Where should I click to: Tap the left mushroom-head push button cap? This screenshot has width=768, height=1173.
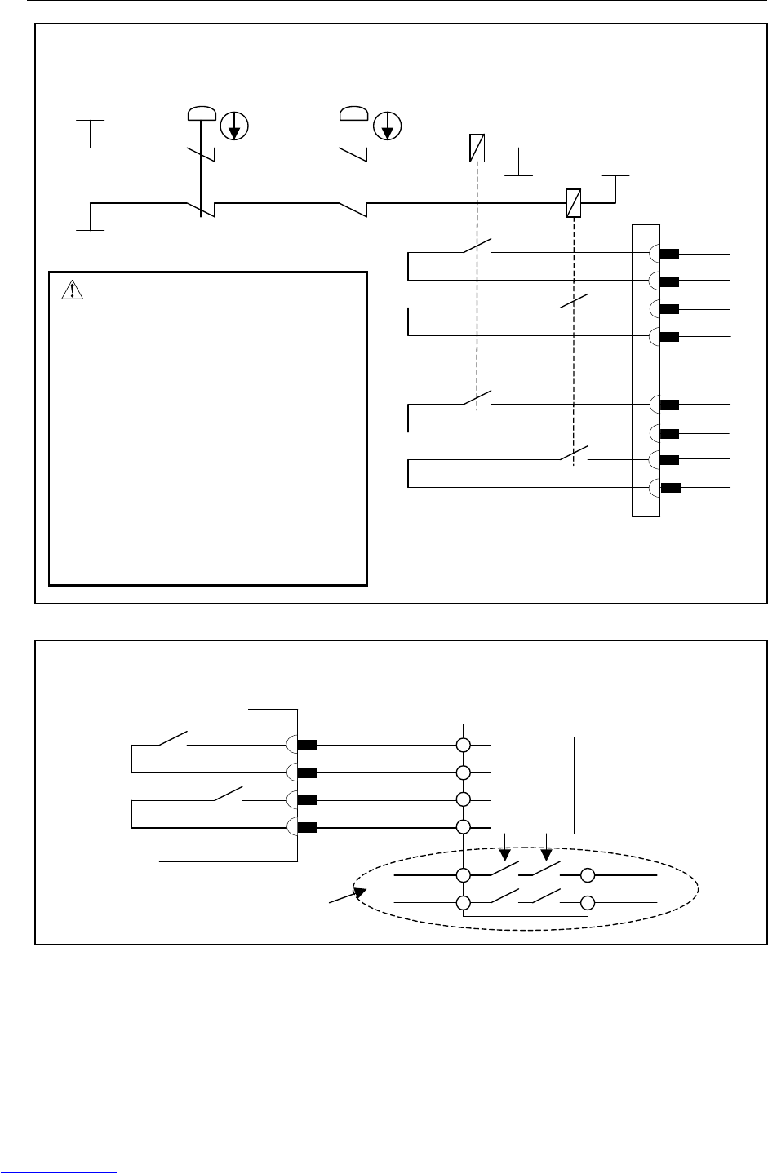tap(199, 112)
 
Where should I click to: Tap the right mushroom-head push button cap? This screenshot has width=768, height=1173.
tap(353, 112)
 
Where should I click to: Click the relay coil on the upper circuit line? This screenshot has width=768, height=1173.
tap(477, 148)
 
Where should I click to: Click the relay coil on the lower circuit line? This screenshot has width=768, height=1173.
tap(574, 201)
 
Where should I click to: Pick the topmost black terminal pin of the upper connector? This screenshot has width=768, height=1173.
tap(670, 254)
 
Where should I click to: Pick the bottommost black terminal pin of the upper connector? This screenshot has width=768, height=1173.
tap(670, 489)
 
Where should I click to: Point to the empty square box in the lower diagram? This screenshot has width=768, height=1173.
tap(533, 786)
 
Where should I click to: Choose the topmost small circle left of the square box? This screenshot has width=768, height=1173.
tap(464, 746)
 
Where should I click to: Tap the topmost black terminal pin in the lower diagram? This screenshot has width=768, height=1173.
tap(307, 745)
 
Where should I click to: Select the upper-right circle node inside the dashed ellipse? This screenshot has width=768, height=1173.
tap(588, 875)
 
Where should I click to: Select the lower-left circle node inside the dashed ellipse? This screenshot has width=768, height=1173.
tap(464, 902)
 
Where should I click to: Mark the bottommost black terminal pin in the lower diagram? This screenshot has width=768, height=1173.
tap(307, 827)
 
